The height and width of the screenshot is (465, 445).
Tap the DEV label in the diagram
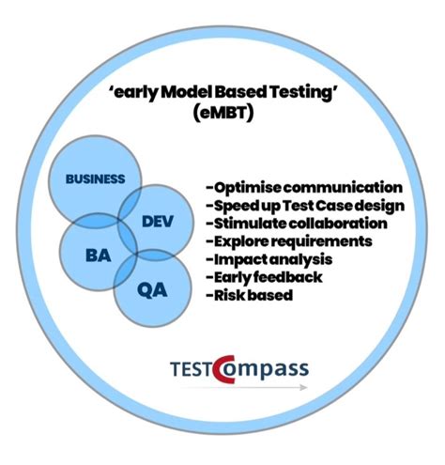[x=158, y=222]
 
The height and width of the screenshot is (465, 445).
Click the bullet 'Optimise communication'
[x=301, y=188]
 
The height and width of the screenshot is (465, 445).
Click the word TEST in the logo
[x=191, y=367]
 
